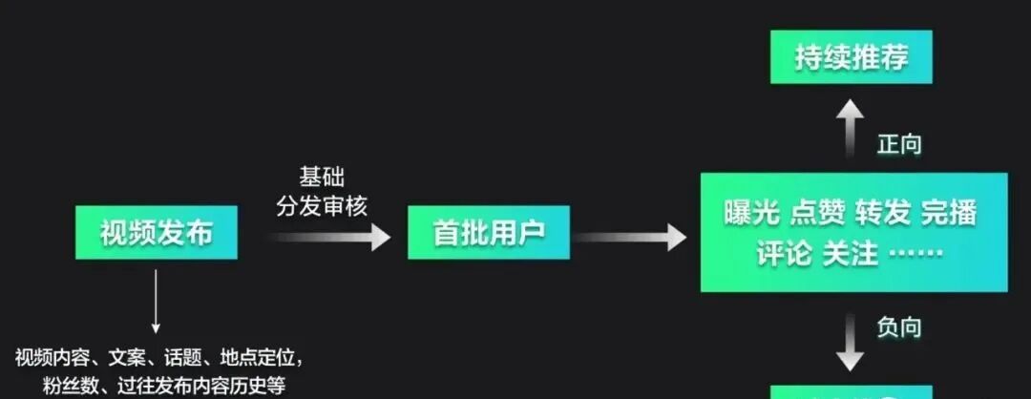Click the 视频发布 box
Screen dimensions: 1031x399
(x=157, y=233)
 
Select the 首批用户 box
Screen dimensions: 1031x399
(x=488, y=233)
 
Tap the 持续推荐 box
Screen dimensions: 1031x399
(x=851, y=57)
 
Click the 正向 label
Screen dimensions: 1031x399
(x=899, y=144)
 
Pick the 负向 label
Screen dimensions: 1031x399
(x=899, y=326)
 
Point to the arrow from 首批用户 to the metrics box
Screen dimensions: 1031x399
(x=630, y=236)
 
